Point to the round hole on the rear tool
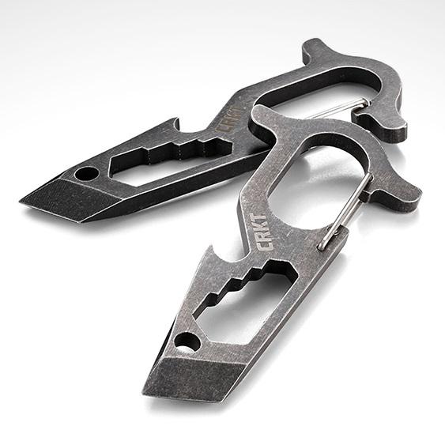coord(87,172)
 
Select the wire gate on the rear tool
coord(348,104)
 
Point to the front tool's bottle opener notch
coord(239,258)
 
